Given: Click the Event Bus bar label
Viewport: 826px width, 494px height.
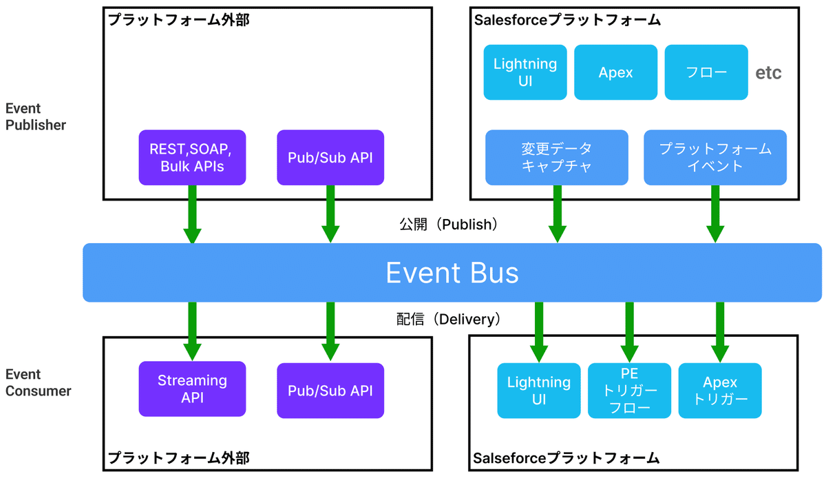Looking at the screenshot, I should [x=452, y=273].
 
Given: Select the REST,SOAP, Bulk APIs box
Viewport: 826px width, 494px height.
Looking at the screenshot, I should [x=192, y=158].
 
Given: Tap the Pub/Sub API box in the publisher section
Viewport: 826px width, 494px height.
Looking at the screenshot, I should [x=330, y=158].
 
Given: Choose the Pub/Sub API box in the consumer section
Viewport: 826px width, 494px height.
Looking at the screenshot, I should [x=330, y=391].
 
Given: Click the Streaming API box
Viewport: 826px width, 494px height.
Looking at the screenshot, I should [x=192, y=389].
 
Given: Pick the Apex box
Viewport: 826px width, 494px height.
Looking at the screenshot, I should [x=615, y=72].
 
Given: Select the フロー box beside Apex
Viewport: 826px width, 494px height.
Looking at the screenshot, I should [x=706, y=72].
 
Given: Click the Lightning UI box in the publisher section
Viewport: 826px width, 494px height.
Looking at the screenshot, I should [x=525, y=72].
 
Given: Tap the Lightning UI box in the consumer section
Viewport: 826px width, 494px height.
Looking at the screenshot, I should [x=539, y=391].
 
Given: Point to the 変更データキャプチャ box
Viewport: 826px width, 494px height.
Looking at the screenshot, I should [x=556, y=158].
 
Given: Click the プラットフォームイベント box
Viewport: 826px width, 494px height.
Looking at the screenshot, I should [x=715, y=158].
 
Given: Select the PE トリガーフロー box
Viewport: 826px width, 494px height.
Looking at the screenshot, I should [x=629, y=391].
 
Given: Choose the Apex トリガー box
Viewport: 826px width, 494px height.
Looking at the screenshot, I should [x=720, y=391].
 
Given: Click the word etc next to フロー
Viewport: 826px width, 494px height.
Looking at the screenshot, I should [x=768, y=73].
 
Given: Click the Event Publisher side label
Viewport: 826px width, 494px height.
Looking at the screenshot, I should [x=36, y=117].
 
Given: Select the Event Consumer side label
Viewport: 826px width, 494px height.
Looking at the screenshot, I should [x=39, y=383].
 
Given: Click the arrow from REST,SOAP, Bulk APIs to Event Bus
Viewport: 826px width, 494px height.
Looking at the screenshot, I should [x=192, y=214].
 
